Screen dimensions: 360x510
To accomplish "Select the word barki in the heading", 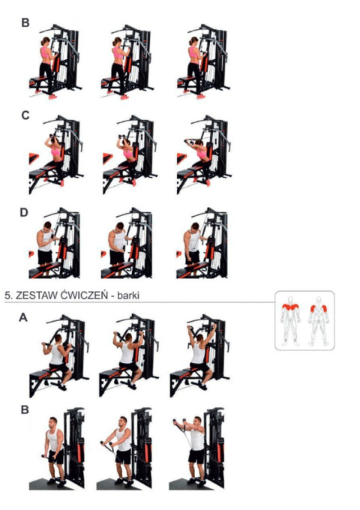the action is (x=128, y=295).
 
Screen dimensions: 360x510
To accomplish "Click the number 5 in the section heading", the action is (x=7, y=295).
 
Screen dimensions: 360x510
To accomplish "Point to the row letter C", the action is (x=25, y=115).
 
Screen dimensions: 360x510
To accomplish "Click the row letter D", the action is (x=25, y=212).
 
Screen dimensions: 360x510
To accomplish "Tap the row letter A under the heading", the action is (x=23, y=317).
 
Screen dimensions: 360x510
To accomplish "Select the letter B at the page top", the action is (x=25, y=22).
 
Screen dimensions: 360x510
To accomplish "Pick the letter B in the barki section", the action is (x=25, y=409).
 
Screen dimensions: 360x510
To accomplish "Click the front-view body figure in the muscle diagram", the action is (x=290, y=320).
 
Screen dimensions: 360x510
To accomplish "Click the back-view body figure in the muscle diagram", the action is (x=319, y=320).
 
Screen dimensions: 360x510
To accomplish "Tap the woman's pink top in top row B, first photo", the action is (x=46, y=52).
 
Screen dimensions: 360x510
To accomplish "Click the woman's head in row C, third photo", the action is (x=199, y=142).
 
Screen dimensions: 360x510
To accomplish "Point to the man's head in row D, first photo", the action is (x=47, y=226).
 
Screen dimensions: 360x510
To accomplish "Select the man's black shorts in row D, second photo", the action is (x=117, y=257).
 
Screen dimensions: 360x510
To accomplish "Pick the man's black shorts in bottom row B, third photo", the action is (x=196, y=456).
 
